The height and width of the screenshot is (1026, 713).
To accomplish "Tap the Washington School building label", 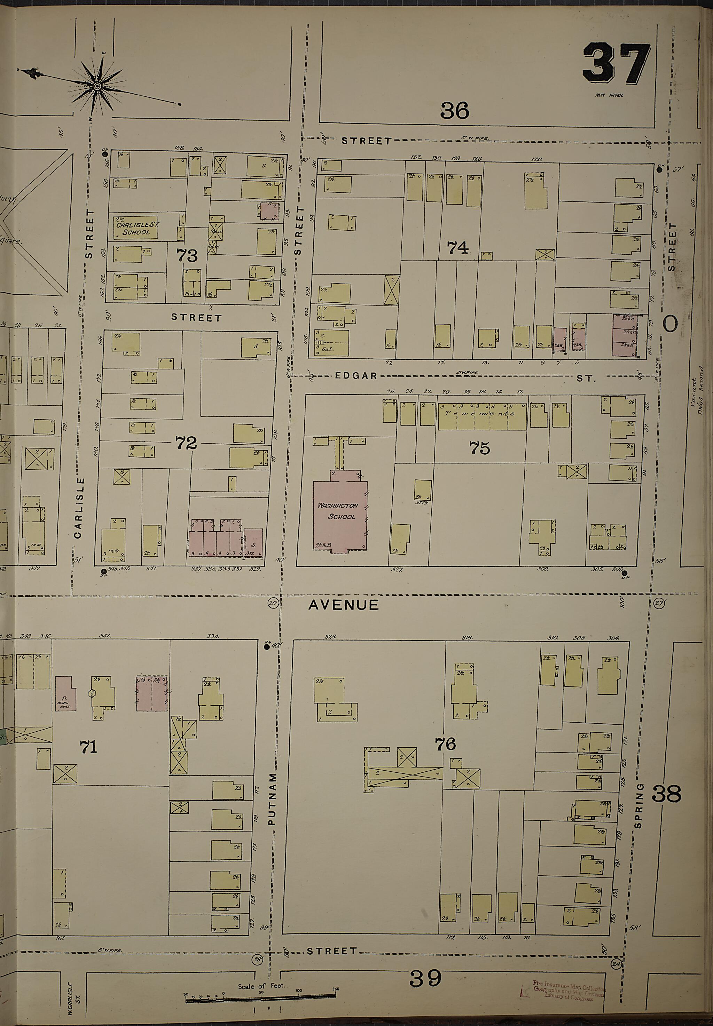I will click(x=338, y=511).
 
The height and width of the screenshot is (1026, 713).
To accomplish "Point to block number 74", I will click(x=457, y=247).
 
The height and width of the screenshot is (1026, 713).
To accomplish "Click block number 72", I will click(x=186, y=443).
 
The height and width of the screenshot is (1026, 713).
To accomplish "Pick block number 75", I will click(x=479, y=447).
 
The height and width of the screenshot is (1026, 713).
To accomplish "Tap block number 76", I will click(x=445, y=744).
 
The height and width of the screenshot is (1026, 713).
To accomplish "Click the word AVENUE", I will click(x=344, y=605).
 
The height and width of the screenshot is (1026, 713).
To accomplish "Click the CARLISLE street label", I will click(x=79, y=508).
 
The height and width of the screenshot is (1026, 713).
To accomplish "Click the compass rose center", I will click(x=97, y=85).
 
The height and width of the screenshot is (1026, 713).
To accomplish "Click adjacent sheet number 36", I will click(x=454, y=110).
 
